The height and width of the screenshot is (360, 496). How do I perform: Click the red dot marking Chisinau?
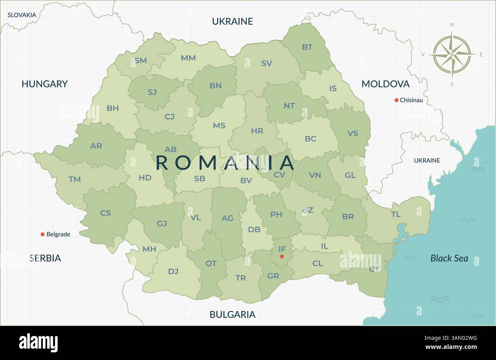396,100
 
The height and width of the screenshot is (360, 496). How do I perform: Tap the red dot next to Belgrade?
43,234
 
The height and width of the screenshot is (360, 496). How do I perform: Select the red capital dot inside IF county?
282,257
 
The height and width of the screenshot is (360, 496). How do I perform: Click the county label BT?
307,47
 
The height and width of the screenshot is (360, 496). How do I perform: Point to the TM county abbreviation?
74,179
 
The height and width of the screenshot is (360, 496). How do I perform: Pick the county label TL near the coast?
396,215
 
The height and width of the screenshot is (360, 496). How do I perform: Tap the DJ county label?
173,272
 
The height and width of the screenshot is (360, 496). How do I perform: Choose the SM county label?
141,61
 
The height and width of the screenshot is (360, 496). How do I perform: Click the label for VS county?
353,134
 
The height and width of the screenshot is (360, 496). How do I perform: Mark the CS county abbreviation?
106,213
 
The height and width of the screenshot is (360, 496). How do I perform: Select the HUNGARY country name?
44,84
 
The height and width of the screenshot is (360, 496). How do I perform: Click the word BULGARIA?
232,315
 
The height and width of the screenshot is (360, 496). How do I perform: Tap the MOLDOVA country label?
385,84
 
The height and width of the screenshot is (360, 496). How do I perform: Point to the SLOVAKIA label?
22,15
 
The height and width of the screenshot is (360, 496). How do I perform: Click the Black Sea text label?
449,258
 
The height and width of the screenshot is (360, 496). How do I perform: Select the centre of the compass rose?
452,54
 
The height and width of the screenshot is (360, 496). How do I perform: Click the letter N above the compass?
452,25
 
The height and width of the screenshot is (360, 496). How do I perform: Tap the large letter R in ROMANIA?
162,163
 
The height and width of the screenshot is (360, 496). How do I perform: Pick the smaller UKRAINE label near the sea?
427,160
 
